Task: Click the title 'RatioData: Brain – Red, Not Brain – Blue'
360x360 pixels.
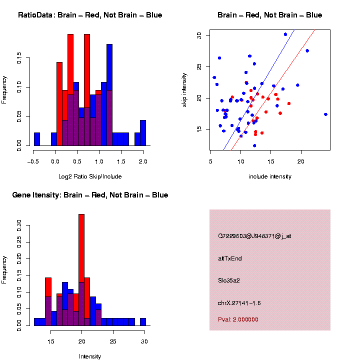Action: pos(90,15)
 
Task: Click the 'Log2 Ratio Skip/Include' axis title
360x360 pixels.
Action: pos(90,176)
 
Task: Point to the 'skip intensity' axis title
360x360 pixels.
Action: pos(184,90)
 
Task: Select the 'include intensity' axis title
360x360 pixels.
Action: pos(270,176)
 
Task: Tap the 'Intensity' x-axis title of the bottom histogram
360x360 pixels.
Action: pos(90,356)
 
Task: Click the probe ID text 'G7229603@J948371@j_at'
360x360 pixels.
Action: pos(254,236)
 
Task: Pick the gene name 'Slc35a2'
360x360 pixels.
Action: pos(229,280)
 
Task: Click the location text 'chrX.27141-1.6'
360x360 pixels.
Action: pos(239,303)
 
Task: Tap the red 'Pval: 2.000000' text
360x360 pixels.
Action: pos(238,319)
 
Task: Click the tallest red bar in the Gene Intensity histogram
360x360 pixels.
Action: pos(81,270)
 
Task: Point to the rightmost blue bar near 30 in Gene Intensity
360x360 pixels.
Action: pos(143,322)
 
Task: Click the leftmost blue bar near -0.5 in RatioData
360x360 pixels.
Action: pos(36,140)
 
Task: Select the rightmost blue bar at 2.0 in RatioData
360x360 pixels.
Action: pos(143,133)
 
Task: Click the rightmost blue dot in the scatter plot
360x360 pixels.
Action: pos(325,114)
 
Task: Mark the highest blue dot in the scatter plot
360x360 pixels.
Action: pos(285,34)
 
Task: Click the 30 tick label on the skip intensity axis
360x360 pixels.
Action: pos(198,35)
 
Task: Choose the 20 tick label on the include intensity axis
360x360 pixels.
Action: pos(301,161)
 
